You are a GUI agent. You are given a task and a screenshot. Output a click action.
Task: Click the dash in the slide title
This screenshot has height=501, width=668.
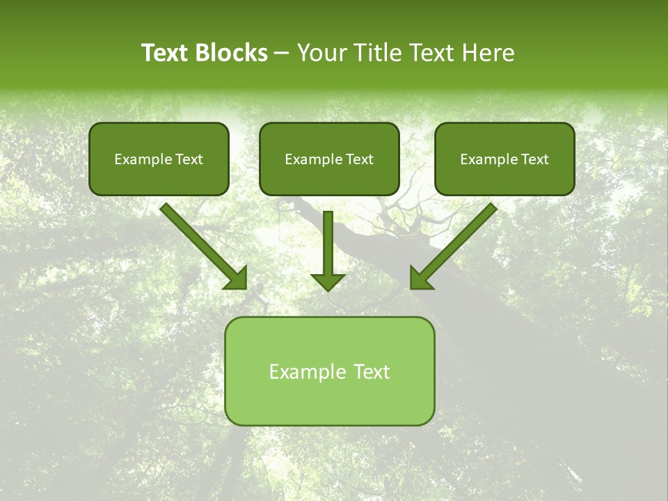282,54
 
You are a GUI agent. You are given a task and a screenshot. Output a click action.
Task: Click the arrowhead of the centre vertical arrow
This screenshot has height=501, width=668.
328,281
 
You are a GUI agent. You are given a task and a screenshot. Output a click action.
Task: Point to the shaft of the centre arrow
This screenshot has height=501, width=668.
328,240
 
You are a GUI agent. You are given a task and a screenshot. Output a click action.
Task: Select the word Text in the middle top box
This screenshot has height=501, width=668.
359,159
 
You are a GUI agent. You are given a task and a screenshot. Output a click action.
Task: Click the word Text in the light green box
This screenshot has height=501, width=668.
372,372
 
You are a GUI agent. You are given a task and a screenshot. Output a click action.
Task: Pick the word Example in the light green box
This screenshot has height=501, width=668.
308,372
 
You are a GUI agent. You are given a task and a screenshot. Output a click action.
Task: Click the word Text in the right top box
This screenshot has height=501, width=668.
535,159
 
